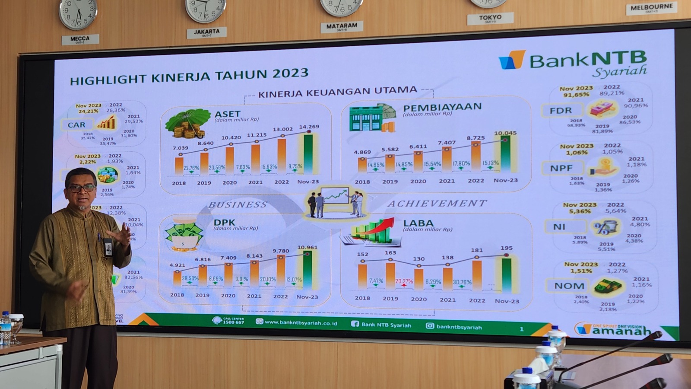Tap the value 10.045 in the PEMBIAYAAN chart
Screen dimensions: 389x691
[x=505, y=133]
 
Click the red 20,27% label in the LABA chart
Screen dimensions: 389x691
[x=404, y=281]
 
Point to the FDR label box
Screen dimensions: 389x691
[x=561, y=111]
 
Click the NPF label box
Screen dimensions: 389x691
[x=561, y=168]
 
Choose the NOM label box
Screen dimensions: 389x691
[x=569, y=286]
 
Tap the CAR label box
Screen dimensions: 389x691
[x=76, y=125]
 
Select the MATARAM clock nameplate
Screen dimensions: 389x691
[x=341, y=26]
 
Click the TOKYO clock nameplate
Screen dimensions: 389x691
[x=490, y=18]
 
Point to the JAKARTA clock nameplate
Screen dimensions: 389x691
[x=206, y=32]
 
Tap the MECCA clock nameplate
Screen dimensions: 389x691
[x=80, y=39]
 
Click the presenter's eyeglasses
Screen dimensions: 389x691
[x=81, y=188]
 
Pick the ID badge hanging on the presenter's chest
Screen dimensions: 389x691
[x=108, y=247]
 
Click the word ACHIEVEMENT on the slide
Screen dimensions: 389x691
[x=437, y=203]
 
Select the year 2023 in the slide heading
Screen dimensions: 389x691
[x=290, y=73]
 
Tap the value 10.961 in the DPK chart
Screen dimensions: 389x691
[x=307, y=248]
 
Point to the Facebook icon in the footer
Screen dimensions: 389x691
[x=355, y=324]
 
